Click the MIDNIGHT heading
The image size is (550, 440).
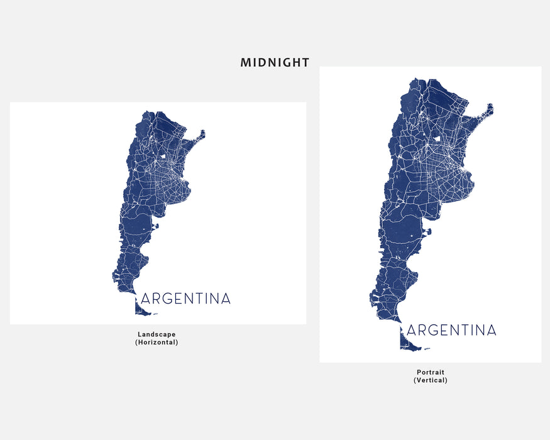(275, 62)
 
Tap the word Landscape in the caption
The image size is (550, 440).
(157, 334)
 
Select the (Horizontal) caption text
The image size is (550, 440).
(157, 343)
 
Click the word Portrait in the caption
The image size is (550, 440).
(431, 372)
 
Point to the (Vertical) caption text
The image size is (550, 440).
(431, 380)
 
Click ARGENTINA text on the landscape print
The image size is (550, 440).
(186, 299)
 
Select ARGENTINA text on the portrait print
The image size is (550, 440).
(452, 330)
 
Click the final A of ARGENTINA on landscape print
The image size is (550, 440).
(226, 299)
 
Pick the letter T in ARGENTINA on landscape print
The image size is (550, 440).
(195, 299)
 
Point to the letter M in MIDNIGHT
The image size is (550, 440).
(246, 62)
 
